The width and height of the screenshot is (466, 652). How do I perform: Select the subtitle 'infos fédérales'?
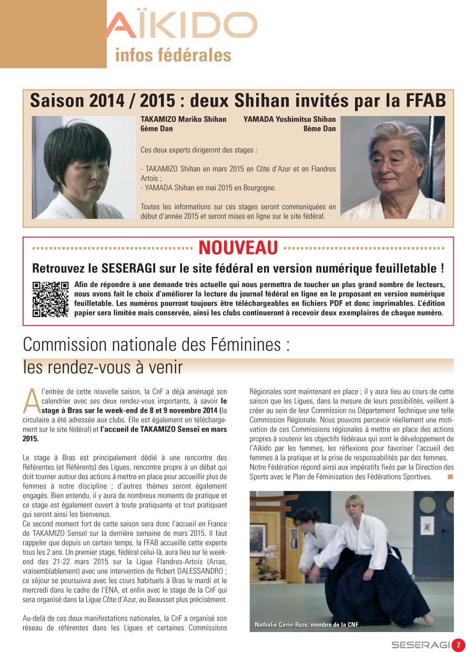click(173, 55)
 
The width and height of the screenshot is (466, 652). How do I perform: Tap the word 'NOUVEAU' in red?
click(238, 247)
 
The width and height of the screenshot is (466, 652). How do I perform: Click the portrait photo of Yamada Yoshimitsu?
click(392, 167)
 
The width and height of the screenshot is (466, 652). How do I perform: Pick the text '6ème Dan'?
click(156, 128)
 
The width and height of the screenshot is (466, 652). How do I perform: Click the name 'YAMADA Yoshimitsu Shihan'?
click(289, 119)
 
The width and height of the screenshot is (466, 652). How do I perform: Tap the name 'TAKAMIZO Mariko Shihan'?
click(184, 119)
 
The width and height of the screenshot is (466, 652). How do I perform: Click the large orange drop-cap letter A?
click(31, 402)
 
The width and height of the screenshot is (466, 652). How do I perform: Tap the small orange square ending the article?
click(450, 477)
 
